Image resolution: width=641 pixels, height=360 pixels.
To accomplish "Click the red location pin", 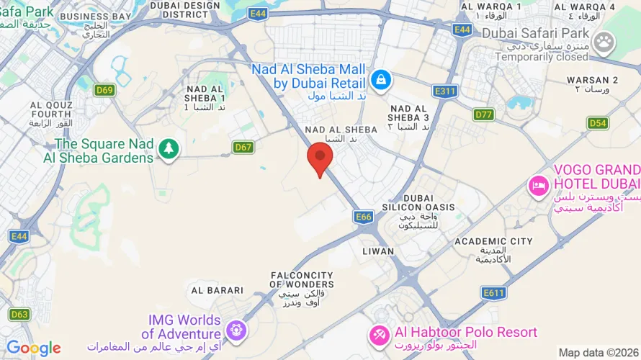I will tap(320, 157).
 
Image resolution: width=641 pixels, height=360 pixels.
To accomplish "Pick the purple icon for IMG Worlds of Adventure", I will tap(235, 330).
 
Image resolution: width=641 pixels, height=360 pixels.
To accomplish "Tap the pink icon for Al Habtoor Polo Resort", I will tap(379, 335).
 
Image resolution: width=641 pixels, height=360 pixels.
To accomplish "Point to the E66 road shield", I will tap(363, 216).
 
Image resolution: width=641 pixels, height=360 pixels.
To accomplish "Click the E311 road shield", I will tap(445, 91).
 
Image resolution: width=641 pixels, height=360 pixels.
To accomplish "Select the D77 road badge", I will tap(484, 114).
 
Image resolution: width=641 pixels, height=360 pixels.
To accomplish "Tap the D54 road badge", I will tap(598, 123).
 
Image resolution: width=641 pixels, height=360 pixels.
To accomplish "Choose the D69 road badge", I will tap(104, 90).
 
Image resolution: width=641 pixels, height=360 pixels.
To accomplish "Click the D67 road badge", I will tap(243, 147).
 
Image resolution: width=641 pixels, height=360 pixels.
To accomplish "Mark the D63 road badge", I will tap(19, 314).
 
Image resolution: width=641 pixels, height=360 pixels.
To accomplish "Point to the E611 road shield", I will tap(494, 292).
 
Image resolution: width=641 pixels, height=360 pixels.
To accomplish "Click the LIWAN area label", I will tap(378, 251).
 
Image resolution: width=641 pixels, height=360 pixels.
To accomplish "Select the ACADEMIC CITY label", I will tap(494, 241).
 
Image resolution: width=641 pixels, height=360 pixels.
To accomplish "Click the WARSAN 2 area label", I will tap(592, 79).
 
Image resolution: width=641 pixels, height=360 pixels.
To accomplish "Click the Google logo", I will tap(33, 348).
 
